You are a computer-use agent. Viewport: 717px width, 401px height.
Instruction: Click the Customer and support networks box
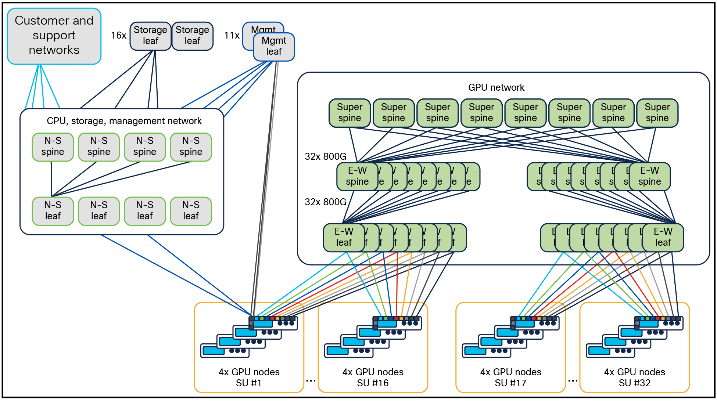click(54, 36)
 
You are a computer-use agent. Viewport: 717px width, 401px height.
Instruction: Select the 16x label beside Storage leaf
click(118, 36)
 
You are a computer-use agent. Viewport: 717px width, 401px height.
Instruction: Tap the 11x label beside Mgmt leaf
click(232, 36)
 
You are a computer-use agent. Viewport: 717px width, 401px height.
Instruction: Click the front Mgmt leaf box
click(274, 47)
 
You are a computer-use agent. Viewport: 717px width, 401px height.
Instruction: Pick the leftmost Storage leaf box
click(150, 36)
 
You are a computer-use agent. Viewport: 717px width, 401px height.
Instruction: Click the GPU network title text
click(496, 87)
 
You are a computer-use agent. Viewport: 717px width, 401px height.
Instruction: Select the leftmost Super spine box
click(349, 113)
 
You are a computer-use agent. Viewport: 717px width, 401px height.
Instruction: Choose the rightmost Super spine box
click(657, 113)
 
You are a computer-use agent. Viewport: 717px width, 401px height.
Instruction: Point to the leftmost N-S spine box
click(53, 147)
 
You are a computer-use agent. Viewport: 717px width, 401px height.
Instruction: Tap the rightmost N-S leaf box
click(191, 211)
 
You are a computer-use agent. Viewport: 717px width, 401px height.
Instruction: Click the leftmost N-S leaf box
click(53, 211)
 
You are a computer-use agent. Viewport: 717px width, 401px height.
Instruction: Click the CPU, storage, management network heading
click(124, 121)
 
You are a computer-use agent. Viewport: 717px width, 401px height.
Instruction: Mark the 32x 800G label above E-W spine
click(325, 156)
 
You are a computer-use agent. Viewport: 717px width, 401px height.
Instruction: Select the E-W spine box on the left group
click(357, 176)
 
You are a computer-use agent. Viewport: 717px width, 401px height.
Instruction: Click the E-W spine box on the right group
click(649, 176)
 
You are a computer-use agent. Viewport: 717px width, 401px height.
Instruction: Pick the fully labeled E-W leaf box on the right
click(663, 237)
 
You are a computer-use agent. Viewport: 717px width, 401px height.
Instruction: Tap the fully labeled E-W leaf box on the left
click(344, 237)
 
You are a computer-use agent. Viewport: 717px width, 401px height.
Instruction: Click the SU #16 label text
click(372, 383)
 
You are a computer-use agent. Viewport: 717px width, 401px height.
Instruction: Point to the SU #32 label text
click(634, 383)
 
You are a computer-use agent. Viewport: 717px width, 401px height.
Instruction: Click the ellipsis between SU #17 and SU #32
click(573, 381)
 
